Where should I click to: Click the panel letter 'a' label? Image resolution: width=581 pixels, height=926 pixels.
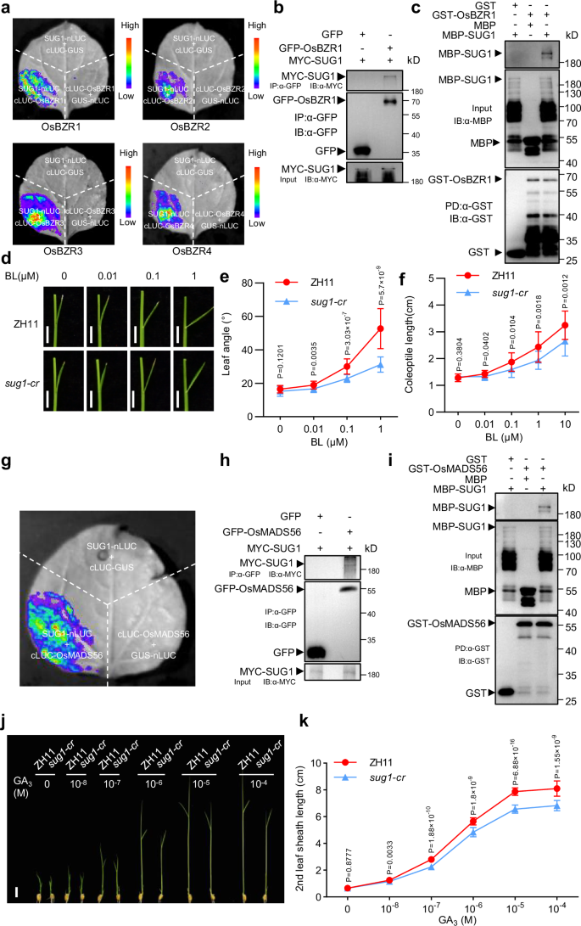[7, 8]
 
